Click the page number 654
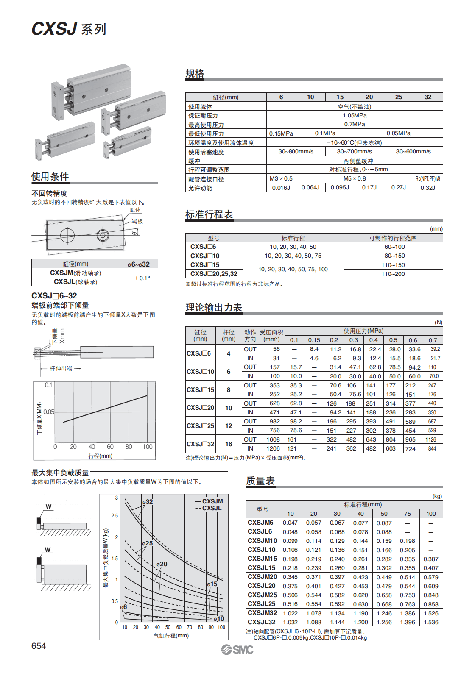39,646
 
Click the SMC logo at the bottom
237,650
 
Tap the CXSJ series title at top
69,29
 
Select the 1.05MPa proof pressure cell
355,115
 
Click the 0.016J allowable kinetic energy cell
281,188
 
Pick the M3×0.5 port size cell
281,178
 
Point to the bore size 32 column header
428,97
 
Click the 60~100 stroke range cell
394,247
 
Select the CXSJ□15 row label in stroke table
205,265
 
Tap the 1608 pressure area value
273,439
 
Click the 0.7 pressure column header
433,340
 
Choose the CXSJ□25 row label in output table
201,425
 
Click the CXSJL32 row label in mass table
262,622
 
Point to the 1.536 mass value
431,622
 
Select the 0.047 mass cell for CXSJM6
290,523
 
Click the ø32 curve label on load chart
148,502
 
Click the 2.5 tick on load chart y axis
115,516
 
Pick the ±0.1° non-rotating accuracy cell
142,278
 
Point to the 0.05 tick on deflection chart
49,412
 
